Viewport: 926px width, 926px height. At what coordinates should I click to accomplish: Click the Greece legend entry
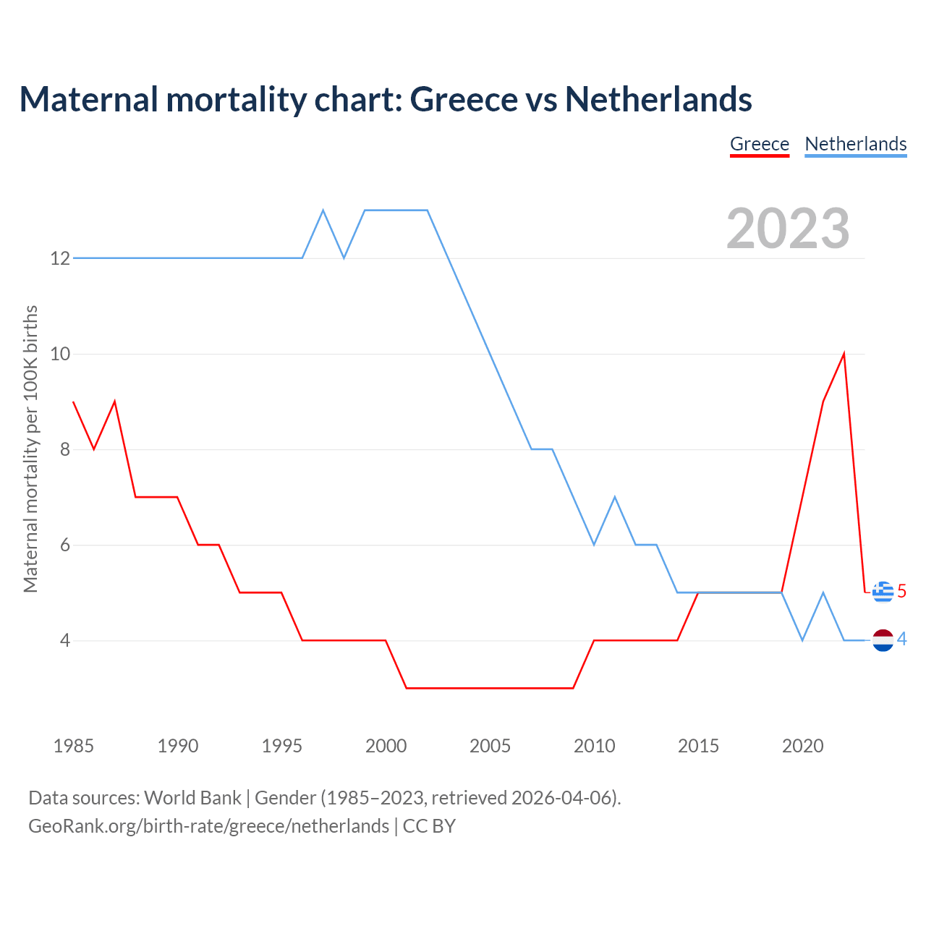point(759,144)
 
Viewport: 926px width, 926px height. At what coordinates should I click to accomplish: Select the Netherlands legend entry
point(855,144)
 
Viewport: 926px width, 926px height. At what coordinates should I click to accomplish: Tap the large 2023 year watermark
point(788,229)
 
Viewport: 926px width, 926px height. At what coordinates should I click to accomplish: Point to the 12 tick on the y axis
point(60,258)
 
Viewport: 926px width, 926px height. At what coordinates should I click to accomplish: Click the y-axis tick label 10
point(60,354)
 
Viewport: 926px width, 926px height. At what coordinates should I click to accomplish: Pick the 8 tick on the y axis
point(65,449)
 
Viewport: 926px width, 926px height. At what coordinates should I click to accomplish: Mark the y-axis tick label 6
point(65,545)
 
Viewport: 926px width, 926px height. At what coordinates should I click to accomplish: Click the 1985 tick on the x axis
point(74,746)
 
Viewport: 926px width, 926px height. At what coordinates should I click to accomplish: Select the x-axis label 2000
point(386,746)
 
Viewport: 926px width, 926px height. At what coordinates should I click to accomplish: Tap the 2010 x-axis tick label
point(594,746)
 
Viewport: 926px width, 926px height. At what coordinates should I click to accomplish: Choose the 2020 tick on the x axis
point(802,746)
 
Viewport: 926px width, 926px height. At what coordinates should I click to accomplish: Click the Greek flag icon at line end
point(883,592)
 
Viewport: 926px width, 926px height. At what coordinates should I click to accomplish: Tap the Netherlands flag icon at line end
point(883,640)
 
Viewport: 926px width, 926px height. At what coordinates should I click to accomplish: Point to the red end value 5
point(901,591)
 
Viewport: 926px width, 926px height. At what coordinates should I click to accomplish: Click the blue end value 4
point(901,639)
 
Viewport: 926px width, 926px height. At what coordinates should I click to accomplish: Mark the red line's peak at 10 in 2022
point(844,354)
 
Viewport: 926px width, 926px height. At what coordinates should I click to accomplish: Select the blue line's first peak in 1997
point(323,211)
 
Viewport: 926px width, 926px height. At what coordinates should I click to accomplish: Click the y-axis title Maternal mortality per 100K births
point(30,449)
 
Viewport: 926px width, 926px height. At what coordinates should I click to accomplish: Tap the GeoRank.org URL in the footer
point(208,826)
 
